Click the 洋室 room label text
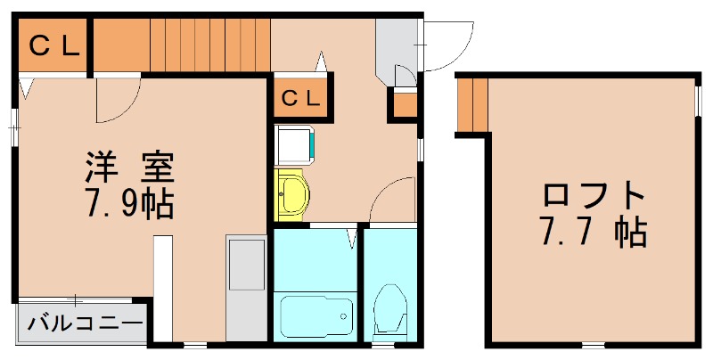(129, 166)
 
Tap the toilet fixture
(391, 311)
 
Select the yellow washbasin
(291, 193)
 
